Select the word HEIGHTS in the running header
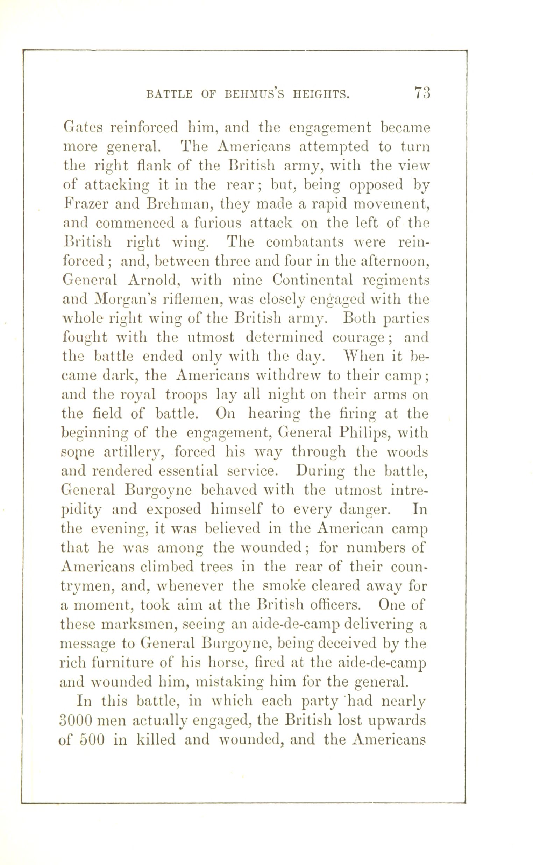(319, 94)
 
